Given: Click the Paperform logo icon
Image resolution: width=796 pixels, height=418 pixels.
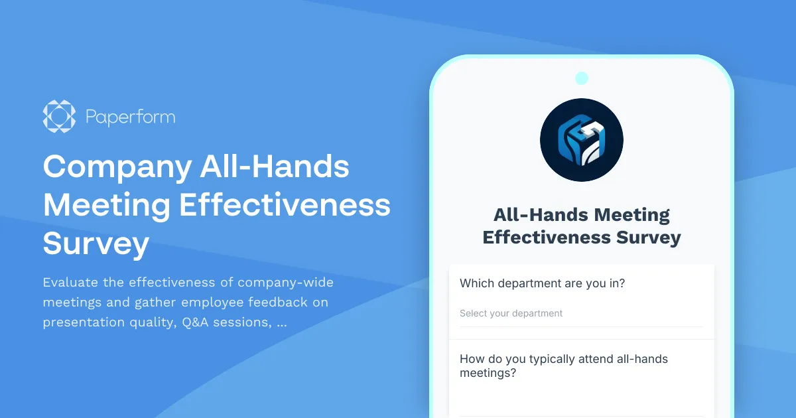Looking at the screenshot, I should pyautogui.click(x=59, y=116).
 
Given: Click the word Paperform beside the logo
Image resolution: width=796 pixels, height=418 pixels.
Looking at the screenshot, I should pyautogui.click(x=131, y=117).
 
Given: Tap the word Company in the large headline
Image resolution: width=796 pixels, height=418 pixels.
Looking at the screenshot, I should pyautogui.click(x=116, y=167).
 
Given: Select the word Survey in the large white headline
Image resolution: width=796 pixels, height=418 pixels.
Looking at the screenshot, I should pyautogui.click(x=96, y=244).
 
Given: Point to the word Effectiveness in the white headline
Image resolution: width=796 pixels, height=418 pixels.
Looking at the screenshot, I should pyautogui.click(x=285, y=205).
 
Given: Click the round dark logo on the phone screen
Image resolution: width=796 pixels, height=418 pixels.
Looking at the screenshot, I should pyautogui.click(x=582, y=140).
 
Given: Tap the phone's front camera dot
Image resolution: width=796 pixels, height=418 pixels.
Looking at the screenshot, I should pyautogui.click(x=582, y=78).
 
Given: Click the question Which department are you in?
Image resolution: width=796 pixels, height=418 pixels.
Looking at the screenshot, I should pyautogui.click(x=543, y=283).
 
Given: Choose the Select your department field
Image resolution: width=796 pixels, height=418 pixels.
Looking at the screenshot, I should pyautogui.click(x=511, y=313).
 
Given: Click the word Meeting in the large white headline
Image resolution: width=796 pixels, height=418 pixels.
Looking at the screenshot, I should pyautogui.click(x=106, y=205).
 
